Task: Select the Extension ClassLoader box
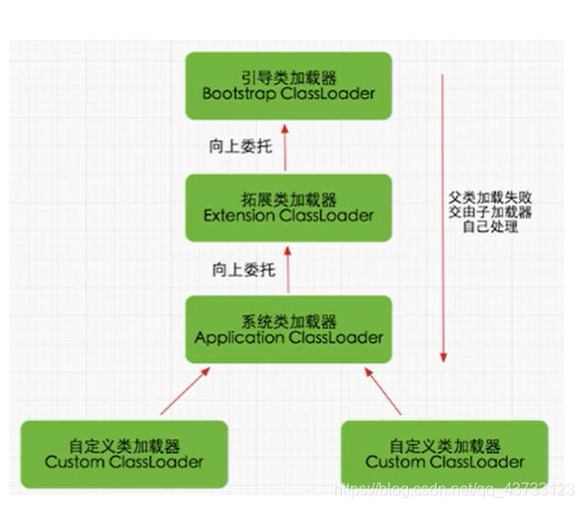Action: point(289,208)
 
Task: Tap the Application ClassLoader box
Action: point(289,330)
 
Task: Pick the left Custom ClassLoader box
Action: point(125,455)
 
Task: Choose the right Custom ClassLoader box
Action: point(445,455)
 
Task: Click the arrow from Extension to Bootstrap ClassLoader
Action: point(288,147)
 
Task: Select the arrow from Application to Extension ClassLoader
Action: point(289,269)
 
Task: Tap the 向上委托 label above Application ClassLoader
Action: point(243,270)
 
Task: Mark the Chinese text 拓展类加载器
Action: point(289,199)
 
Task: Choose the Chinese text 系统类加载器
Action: point(289,321)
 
